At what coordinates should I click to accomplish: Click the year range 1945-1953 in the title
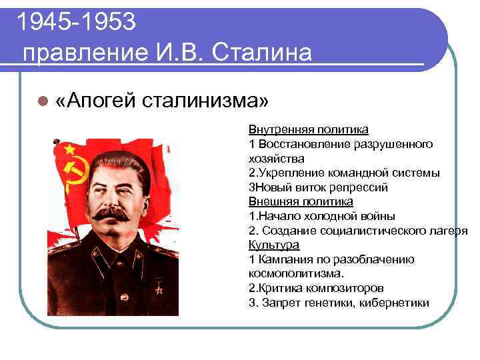(x=77, y=22)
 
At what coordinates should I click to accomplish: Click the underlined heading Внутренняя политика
(x=308, y=129)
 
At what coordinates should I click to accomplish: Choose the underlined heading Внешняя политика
(x=301, y=201)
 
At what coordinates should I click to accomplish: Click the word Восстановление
(x=303, y=143)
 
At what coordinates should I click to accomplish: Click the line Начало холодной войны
(x=321, y=216)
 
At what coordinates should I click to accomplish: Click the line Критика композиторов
(x=315, y=289)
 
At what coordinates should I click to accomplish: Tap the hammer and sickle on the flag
(x=67, y=171)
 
